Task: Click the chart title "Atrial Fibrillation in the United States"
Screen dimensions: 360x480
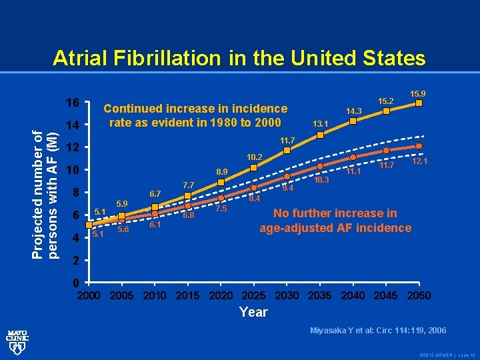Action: pyautogui.click(x=239, y=58)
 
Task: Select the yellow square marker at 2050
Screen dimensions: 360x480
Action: pyautogui.click(x=419, y=103)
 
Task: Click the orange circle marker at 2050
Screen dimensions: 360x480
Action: pyautogui.click(x=419, y=146)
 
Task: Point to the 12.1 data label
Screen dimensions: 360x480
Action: pyautogui.click(x=420, y=161)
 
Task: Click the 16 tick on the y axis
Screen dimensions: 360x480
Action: pyautogui.click(x=73, y=103)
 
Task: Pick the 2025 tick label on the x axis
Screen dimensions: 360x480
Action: pyautogui.click(x=253, y=295)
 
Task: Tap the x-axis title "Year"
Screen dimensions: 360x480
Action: pyautogui.click(x=253, y=312)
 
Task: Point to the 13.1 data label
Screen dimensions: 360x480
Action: pyautogui.click(x=323, y=123)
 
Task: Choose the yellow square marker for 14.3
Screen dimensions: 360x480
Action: pyautogui.click(x=353, y=121)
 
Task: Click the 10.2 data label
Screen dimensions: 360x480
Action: pyautogui.click(x=255, y=157)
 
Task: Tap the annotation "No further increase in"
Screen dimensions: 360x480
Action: pyautogui.click(x=335, y=213)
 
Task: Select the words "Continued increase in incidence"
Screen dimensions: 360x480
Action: pyautogui.click(x=195, y=109)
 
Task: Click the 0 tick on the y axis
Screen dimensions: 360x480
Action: pyautogui.click(x=76, y=283)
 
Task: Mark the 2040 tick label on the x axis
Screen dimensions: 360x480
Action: pyautogui.click(x=353, y=295)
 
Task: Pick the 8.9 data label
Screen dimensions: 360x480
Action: pyautogui.click(x=221, y=172)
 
